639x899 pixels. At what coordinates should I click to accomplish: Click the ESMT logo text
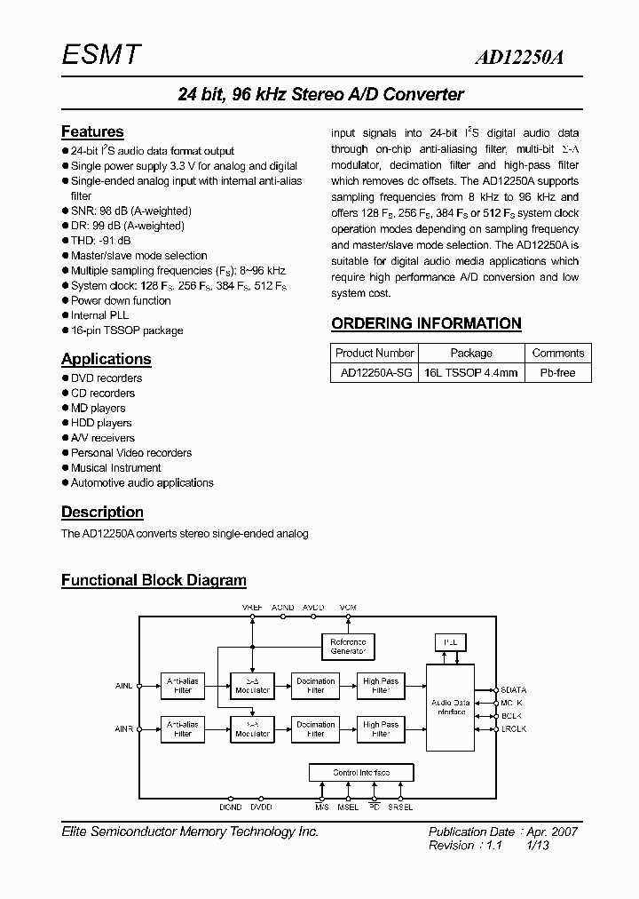point(100,55)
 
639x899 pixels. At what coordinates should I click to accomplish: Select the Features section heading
point(92,131)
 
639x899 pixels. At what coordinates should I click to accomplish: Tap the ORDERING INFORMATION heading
point(426,323)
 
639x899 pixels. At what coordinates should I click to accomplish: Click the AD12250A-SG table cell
point(376,372)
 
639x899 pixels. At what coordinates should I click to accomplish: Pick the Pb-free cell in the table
point(557,372)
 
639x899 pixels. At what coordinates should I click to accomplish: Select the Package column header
point(470,353)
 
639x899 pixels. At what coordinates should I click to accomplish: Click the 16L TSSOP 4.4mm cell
point(470,372)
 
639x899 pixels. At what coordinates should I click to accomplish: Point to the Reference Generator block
point(348,646)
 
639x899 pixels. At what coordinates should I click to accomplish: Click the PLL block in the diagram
point(449,641)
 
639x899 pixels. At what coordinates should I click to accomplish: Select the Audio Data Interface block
point(451,707)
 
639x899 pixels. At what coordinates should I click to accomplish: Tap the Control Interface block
point(360,772)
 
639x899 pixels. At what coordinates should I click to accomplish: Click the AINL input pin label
point(123,686)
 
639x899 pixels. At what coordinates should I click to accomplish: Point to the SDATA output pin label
point(513,689)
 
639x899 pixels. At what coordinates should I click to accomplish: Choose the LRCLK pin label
point(513,728)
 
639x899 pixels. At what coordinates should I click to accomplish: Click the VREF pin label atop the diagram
point(253,606)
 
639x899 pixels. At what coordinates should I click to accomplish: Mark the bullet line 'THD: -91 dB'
point(100,240)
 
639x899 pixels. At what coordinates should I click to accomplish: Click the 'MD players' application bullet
point(98,408)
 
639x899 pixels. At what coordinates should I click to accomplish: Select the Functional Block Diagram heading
point(154,580)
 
